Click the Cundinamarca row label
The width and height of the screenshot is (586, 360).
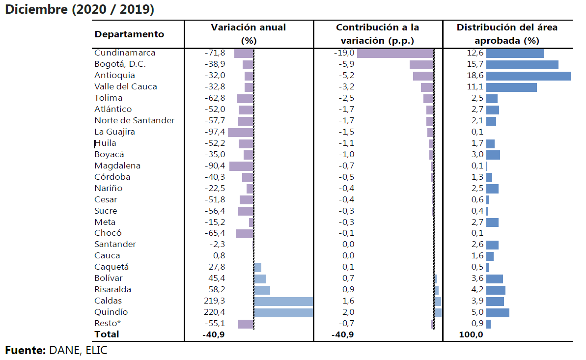click(125, 53)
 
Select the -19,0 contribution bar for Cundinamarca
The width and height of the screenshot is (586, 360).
click(395, 53)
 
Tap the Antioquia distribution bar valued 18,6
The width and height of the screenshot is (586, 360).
click(528, 76)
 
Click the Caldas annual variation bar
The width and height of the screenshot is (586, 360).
click(283, 301)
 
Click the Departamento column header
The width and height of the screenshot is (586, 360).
click(129, 34)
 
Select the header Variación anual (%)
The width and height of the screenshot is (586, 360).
click(249, 34)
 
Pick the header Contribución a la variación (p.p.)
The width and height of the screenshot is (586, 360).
click(377, 34)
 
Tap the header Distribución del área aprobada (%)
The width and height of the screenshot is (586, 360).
click(507, 34)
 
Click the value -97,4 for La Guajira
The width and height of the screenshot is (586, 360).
click(215, 132)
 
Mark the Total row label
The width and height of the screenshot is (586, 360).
click(107, 334)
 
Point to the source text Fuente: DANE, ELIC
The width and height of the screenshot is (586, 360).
click(56, 351)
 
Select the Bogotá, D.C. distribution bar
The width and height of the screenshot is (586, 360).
click(522, 64)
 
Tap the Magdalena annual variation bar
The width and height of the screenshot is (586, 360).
click(241, 166)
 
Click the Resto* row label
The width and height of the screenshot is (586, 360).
click(108, 324)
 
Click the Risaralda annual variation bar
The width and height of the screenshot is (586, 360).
click(262, 290)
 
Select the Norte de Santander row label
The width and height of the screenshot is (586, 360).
click(134, 121)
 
